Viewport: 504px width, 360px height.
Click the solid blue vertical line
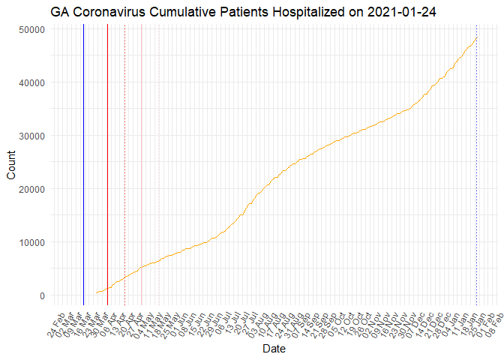click(83, 150)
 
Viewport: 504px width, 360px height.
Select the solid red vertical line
click(107, 150)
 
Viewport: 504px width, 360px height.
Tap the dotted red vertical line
click(124, 150)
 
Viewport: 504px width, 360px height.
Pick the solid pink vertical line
click(141, 150)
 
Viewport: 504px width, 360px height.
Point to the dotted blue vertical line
click(477, 150)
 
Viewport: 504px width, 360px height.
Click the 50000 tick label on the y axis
click(31, 28)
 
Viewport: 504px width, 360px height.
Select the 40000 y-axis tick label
click(31, 82)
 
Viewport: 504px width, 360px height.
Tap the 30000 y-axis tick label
click(31, 136)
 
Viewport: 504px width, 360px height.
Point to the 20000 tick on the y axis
click(31, 189)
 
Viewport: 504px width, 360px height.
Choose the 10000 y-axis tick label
click(31, 242)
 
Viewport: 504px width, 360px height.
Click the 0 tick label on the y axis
click(42, 295)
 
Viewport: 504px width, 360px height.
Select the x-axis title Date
click(273, 349)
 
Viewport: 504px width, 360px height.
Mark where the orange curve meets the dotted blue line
click(477, 37)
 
